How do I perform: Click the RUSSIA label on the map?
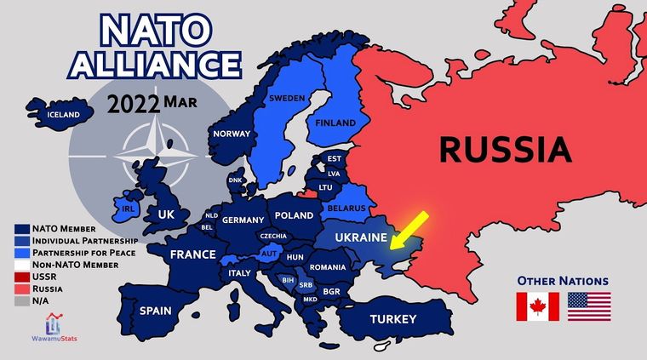point(506,150)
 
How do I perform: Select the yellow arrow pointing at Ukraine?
point(409,229)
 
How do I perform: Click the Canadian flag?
point(538,306)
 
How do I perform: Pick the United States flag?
point(589,306)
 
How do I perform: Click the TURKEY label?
point(392,319)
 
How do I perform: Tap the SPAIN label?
point(159,311)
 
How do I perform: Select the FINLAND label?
point(335,123)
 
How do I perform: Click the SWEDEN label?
point(286,98)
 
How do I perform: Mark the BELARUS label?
point(347,209)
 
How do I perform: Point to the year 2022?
point(134,104)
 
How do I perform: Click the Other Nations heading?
point(563,280)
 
